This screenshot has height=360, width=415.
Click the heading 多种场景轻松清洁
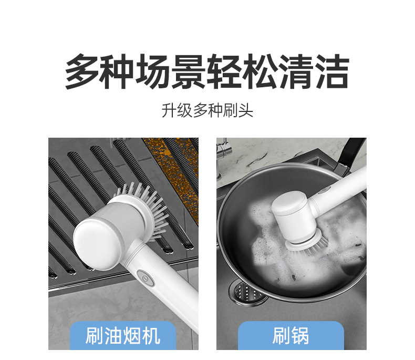[207, 71]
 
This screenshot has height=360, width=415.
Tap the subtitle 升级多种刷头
[207, 110]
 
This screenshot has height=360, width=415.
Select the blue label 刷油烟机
[123, 336]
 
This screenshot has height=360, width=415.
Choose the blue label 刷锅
[291, 336]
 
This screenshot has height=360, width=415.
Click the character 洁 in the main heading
[333, 71]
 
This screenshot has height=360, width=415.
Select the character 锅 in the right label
[300, 336]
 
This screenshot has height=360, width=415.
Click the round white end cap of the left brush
[98, 243]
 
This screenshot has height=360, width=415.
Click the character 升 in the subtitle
[169, 110]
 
